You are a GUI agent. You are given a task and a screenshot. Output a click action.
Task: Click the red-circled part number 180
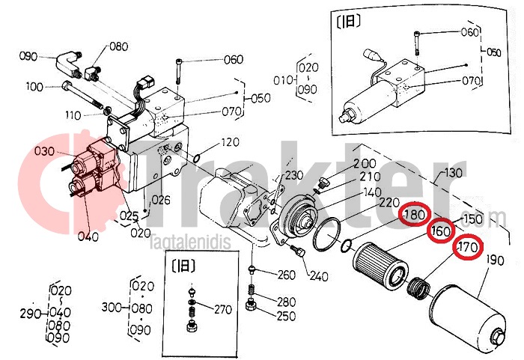coord(414,216)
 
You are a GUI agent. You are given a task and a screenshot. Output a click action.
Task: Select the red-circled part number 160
coord(442,231)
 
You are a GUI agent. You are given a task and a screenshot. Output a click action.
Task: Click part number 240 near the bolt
coord(318,277)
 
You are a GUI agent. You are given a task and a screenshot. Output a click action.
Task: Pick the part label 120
coord(230,142)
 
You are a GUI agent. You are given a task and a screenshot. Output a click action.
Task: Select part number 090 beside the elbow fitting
coord(28,56)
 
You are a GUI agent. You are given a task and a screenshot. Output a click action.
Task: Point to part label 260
coord(286,275)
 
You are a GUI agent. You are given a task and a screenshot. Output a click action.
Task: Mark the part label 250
coord(286,317)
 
